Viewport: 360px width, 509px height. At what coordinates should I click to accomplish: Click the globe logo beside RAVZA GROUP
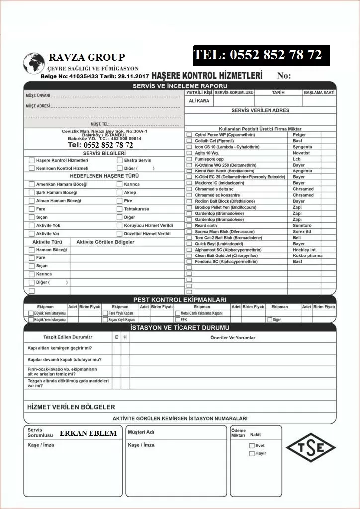[34, 64]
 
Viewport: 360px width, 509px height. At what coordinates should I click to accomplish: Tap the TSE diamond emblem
[311, 447]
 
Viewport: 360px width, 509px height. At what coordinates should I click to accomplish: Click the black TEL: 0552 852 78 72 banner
[262, 55]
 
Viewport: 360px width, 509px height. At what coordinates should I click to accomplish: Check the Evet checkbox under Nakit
[252, 446]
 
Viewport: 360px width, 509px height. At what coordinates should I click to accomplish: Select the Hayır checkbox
[252, 453]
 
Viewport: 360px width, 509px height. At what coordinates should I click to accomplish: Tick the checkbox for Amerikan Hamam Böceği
[32, 184]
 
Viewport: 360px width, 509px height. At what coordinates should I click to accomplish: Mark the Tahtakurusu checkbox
[120, 209]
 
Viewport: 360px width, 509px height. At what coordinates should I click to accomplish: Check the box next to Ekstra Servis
[120, 160]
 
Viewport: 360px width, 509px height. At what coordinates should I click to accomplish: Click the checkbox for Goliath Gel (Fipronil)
[189, 141]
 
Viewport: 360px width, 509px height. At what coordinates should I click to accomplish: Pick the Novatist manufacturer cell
[301, 153]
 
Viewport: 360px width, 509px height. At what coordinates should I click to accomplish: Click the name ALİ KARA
[199, 101]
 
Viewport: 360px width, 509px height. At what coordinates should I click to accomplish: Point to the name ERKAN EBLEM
[88, 433]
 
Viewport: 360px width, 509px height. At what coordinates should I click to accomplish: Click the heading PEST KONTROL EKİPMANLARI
[180, 300]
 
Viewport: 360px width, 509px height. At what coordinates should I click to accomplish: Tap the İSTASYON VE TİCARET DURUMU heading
[180, 328]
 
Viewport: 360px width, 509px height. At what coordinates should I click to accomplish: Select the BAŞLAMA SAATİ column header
[319, 92]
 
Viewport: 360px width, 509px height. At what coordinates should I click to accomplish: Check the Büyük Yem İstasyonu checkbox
[30, 313]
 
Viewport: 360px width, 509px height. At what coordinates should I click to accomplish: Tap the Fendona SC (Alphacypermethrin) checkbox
[189, 261]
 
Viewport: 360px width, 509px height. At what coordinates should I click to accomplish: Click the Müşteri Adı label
[141, 432]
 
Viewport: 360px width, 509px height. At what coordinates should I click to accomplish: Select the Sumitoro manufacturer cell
[302, 225]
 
